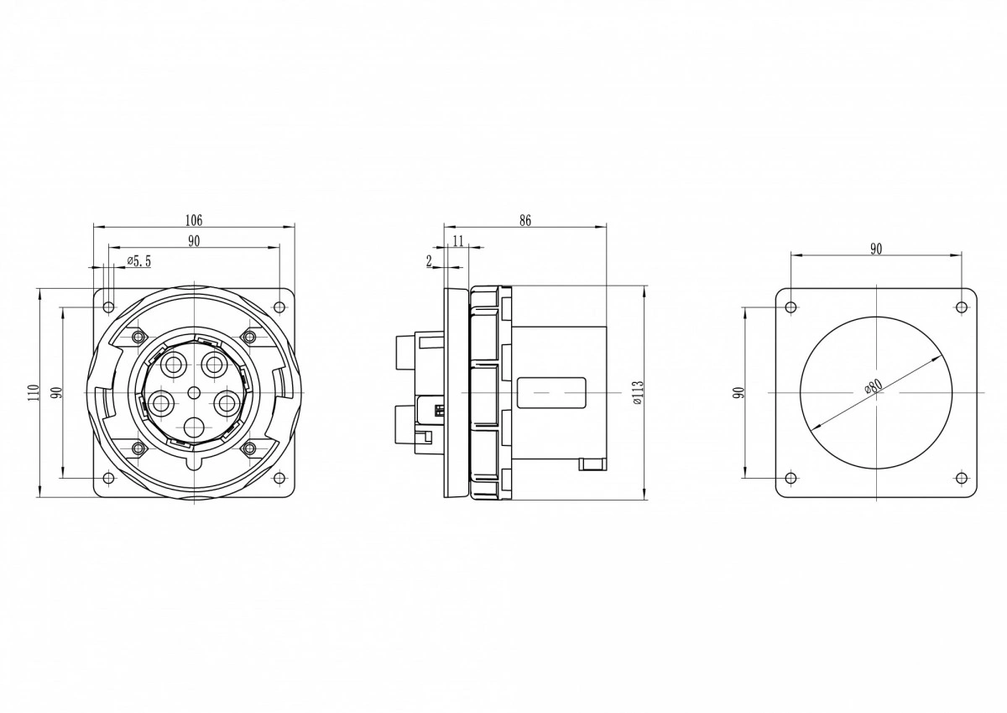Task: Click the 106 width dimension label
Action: click(x=194, y=220)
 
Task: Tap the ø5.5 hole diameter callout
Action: click(x=139, y=261)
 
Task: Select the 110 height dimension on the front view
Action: click(x=33, y=392)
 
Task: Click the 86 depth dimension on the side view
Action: click(x=525, y=220)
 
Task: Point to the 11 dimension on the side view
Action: click(x=458, y=241)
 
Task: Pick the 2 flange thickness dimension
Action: click(x=430, y=261)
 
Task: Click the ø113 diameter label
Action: click(x=638, y=392)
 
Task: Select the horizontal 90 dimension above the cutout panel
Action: click(x=876, y=249)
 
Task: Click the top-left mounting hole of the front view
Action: click(x=108, y=307)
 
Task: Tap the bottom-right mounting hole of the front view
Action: click(x=279, y=478)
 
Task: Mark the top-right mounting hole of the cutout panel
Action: click(x=961, y=307)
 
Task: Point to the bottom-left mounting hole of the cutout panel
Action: click(x=790, y=478)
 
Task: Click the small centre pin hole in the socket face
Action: click(x=194, y=393)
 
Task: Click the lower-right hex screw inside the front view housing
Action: click(x=249, y=448)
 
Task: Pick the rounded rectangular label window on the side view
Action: click(x=551, y=393)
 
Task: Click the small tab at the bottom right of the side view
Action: click(x=592, y=464)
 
